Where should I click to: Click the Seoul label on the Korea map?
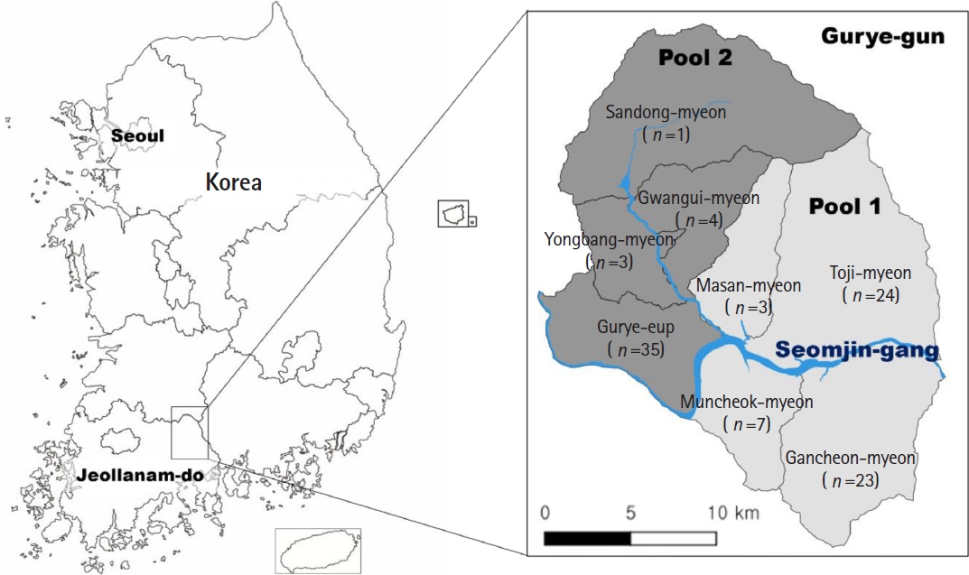(x=138, y=136)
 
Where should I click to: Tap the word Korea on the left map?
(x=233, y=181)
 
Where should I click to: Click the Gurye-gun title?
(x=882, y=37)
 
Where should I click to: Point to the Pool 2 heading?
(x=694, y=59)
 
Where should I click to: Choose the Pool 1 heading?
(x=844, y=206)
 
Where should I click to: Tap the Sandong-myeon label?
(x=666, y=113)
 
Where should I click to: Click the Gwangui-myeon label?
(x=698, y=198)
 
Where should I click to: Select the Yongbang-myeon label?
(x=609, y=240)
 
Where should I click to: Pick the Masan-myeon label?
(x=750, y=286)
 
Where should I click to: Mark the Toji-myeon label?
(x=870, y=273)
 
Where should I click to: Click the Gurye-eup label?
(x=635, y=327)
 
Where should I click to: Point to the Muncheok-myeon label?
(x=747, y=402)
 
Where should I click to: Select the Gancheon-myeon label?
(x=850, y=458)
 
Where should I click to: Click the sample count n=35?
(x=636, y=348)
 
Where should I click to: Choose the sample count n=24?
(x=871, y=294)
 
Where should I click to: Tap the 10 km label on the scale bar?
(x=732, y=513)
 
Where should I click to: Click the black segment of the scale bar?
(x=586, y=539)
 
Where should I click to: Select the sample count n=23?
(x=850, y=479)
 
